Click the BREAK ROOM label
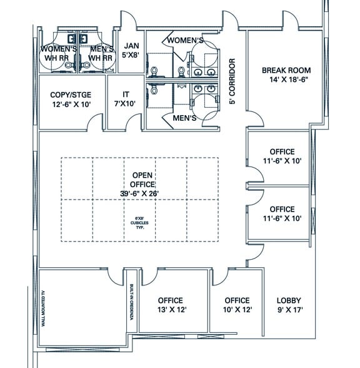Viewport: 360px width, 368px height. (x=286, y=70)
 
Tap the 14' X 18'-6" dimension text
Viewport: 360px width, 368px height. (x=286, y=80)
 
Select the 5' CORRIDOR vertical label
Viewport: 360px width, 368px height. (x=232, y=81)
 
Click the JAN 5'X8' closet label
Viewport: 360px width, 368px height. (x=131, y=50)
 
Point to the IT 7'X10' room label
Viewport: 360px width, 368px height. (x=126, y=100)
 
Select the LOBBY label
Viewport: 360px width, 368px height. (x=289, y=300)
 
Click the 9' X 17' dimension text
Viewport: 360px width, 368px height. (x=289, y=310)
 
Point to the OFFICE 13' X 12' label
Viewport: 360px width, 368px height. (x=170, y=305)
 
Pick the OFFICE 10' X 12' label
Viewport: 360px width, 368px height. (x=237, y=305)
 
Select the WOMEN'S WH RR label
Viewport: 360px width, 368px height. (x=59, y=53)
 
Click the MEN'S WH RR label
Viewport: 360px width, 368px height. (x=101, y=53)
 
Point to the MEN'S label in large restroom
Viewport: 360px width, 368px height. (x=184, y=118)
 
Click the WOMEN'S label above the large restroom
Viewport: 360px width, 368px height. (x=184, y=41)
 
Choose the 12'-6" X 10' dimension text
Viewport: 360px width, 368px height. (x=71, y=105)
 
